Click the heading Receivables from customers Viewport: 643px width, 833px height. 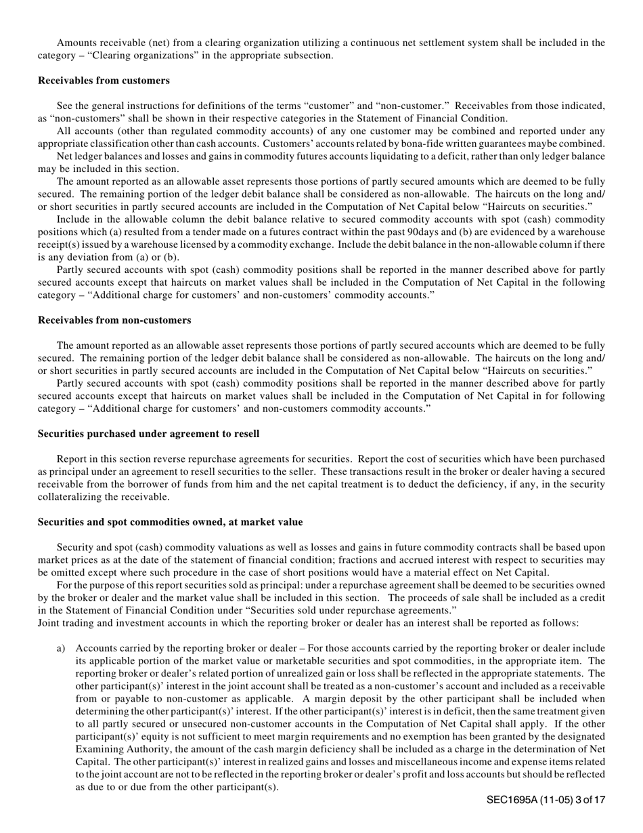coord(104,81)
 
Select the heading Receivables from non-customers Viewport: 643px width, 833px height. coord(114,320)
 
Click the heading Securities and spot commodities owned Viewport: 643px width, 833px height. coord(170,522)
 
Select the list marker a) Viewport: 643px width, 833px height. coord(61,648)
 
